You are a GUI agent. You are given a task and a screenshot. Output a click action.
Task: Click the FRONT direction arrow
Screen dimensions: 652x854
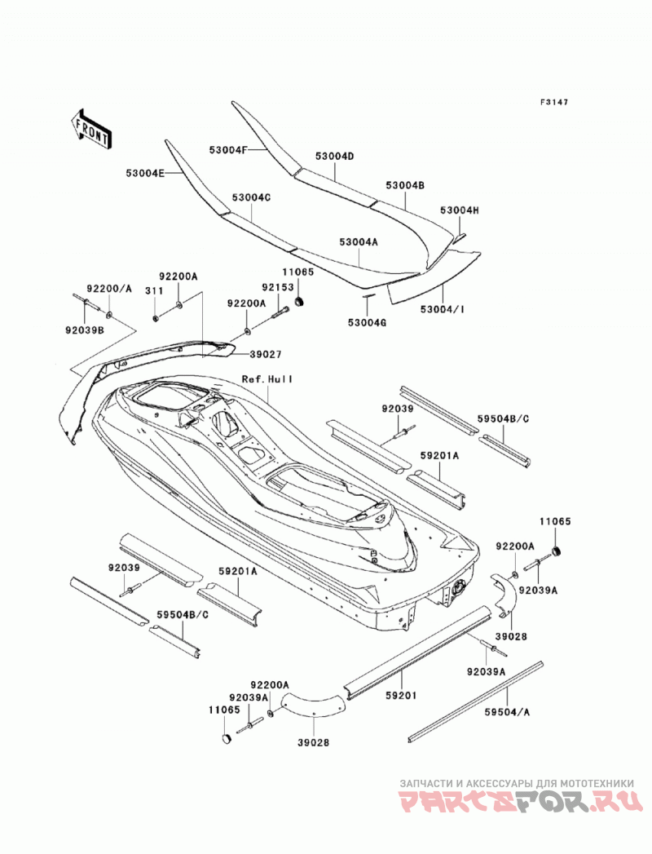tap(92, 129)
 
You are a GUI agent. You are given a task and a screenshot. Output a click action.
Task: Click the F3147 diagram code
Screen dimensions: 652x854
tap(554, 102)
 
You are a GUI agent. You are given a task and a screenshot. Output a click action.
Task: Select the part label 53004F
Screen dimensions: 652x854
tap(228, 149)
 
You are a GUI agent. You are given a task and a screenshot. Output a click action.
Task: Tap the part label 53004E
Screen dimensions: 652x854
tap(145, 173)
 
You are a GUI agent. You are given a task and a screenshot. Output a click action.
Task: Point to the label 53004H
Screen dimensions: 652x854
tap(460, 210)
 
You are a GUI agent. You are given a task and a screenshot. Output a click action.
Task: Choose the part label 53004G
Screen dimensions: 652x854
tap(367, 322)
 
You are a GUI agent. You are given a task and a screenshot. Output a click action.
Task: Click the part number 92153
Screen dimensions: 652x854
tap(278, 287)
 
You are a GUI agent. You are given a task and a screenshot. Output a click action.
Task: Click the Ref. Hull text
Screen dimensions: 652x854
tap(268, 378)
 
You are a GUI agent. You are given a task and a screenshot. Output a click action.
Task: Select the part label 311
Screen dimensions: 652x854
tap(154, 291)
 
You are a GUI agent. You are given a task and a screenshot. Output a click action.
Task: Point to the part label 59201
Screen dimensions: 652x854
tap(401, 695)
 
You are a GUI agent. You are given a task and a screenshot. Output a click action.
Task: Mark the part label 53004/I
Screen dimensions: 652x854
tap(443, 309)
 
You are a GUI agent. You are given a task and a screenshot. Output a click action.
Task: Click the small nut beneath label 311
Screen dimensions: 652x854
tap(156, 317)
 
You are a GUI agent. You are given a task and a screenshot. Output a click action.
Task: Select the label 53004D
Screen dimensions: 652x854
tap(335, 157)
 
